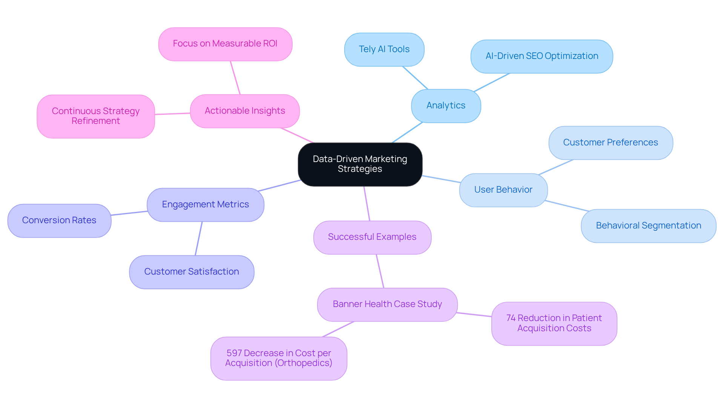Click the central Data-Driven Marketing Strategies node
tap(360, 164)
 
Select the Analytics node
tap(446, 106)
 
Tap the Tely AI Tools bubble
tap(384, 49)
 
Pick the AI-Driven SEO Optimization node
tap(541, 56)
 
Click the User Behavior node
tap(503, 190)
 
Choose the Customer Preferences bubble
tap(610, 143)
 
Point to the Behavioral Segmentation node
tap(648, 226)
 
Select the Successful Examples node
tap(372, 237)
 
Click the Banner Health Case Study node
tap(387, 304)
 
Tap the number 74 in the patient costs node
tap(511, 318)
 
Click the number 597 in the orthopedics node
tap(234, 353)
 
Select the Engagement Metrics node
tap(205, 205)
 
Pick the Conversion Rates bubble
tap(59, 221)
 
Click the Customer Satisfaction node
tap(191, 272)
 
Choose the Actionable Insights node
tap(245, 111)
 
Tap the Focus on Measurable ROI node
tap(225, 44)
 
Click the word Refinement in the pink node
tap(96, 121)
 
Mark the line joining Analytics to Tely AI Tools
tap(415, 78)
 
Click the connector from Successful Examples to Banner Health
tap(380, 271)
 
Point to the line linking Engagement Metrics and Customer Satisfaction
tap(199, 238)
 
